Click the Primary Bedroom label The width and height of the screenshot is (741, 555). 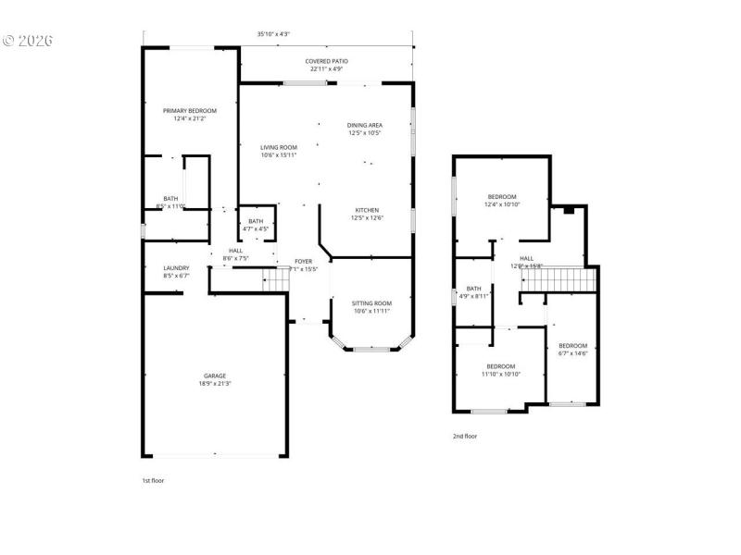[190, 115]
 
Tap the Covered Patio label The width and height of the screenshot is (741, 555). [327, 65]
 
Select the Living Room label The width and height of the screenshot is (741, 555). [278, 151]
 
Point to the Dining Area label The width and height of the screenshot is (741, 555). [365, 129]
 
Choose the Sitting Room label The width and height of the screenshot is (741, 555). [371, 307]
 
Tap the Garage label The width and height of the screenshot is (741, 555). [215, 379]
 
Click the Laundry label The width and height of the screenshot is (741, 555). [176, 272]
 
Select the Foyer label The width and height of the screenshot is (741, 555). [305, 265]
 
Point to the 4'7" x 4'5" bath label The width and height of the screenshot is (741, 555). [256, 225]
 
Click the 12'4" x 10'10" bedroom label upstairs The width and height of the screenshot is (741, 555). [502, 200]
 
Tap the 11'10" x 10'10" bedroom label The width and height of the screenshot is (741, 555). [500, 370]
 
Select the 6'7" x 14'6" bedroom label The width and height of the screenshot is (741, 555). [572, 349]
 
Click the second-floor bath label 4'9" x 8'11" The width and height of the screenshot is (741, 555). [474, 292]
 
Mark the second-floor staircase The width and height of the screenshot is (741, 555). [556, 279]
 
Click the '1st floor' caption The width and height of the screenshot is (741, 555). [153, 481]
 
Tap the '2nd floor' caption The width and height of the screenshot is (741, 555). [464, 436]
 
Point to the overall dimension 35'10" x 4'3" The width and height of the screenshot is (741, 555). [273, 34]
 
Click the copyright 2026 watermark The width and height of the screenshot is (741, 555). [28, 41]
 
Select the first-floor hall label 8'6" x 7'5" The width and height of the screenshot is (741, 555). [235, 254]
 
